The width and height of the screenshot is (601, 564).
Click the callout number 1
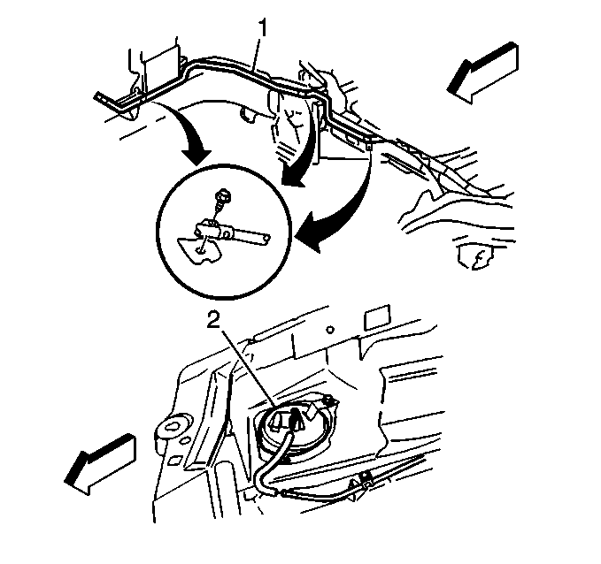coord(263,27)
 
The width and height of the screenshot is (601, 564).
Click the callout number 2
coord(213,320)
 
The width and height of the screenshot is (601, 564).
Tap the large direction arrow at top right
coord(483,72)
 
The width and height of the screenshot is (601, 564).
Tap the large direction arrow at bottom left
coord(100,464)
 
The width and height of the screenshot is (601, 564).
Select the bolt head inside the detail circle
coord(223,197)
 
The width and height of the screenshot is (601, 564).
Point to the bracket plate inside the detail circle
coord(198,250)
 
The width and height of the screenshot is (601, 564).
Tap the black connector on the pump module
coord(295,420)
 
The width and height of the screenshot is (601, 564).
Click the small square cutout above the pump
coord(377,317)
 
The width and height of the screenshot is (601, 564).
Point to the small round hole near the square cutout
coord(330,329)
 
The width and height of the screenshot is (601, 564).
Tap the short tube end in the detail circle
coord(266,238)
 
